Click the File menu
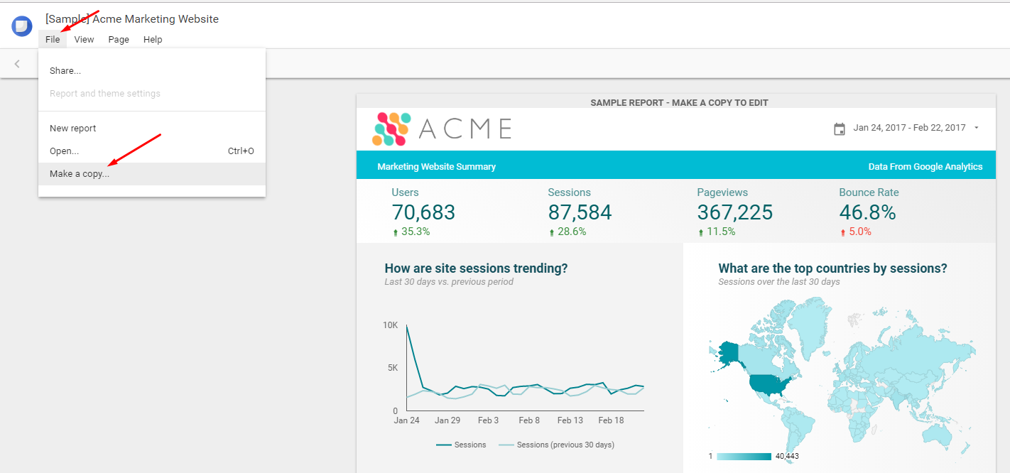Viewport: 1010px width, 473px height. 53,40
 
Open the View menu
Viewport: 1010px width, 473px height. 84,40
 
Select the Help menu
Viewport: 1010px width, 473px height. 153,40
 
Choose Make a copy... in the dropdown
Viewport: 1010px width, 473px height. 80,174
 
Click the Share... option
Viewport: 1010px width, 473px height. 65,71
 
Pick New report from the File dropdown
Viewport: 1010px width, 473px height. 72,129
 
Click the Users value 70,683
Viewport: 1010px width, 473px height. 423,212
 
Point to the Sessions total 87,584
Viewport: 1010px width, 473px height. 580,212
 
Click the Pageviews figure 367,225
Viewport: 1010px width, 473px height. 734,212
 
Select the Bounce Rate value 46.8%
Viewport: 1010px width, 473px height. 867,212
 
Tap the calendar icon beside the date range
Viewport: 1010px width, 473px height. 840,129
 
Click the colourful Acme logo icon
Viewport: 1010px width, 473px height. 391,129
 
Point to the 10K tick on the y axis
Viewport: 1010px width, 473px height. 390,325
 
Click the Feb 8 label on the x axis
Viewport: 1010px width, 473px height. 529,420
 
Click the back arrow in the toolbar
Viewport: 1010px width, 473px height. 17,64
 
